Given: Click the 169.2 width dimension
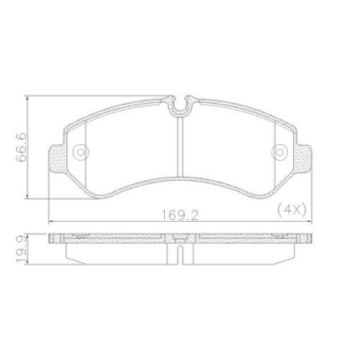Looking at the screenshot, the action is pos(180,215).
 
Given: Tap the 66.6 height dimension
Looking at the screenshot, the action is pos(21,147).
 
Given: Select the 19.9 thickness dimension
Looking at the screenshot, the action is pos(21,249).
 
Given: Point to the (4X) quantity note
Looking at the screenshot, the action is pos(292,208).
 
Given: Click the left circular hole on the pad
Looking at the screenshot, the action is pos(81,152).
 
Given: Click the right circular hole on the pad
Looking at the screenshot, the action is pos(280,152).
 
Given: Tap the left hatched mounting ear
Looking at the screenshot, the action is pos(58,158).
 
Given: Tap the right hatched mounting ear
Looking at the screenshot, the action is pos(303,158).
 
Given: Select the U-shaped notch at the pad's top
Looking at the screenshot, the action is pos(180,105).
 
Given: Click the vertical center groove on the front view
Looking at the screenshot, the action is pos(180,147).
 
